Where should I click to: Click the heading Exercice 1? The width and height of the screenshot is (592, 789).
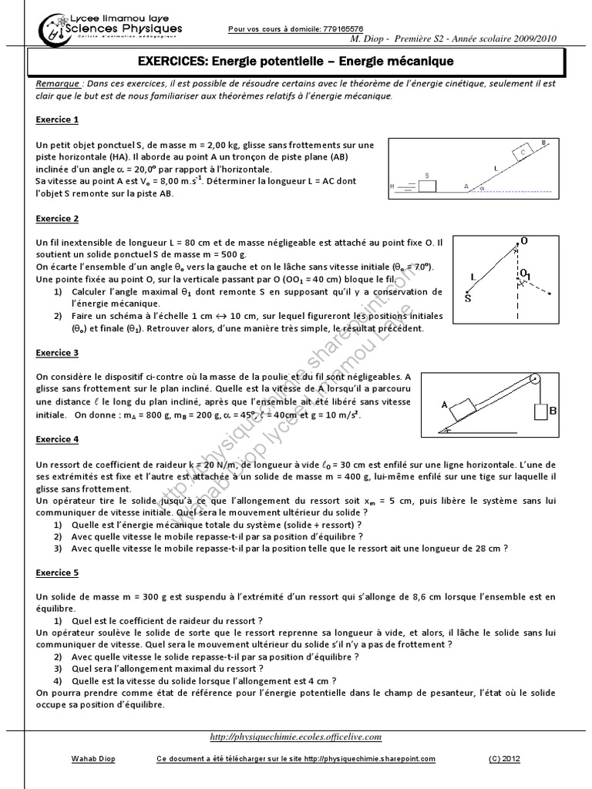[x=57, y=120]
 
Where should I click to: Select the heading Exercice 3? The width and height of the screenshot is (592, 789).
[x=57, y=353]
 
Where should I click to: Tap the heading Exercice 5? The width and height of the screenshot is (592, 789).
[x=57, y=573]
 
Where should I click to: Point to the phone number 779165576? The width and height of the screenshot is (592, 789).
[x=342, y=29]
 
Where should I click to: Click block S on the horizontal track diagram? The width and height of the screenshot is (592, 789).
[x=427, y=184]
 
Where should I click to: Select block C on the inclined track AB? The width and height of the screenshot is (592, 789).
[x=522, y=153]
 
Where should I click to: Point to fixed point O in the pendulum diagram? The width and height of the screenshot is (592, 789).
[x=523, y=242]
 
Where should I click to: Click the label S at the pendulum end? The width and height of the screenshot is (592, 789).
[x=467, y=296]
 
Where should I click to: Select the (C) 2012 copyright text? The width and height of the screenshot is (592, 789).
[x=504, y=758]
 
